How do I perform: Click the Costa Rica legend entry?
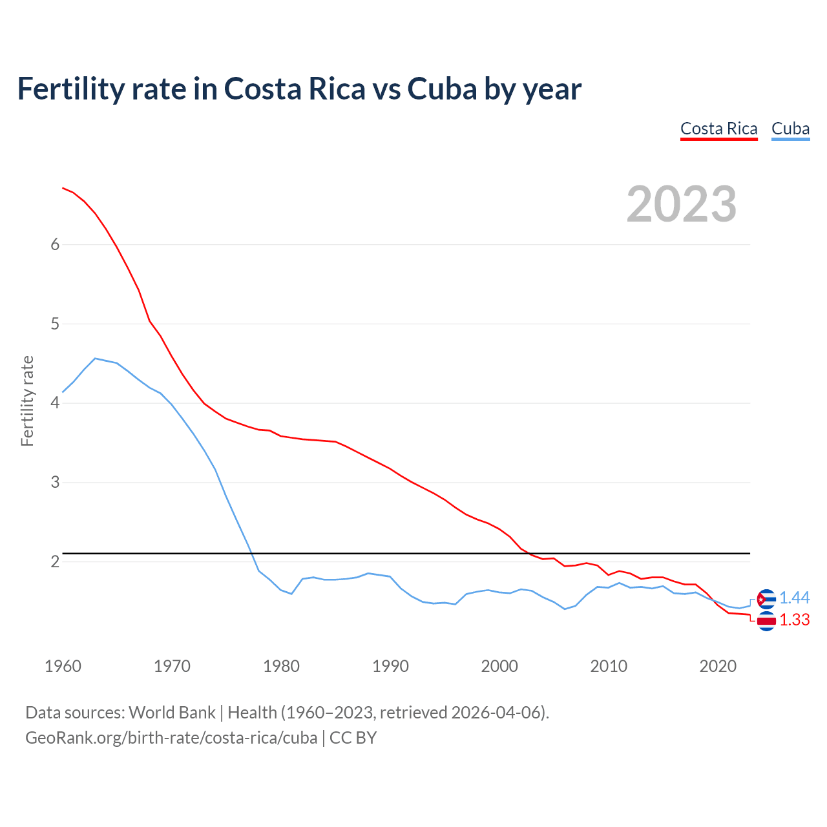point(718,129)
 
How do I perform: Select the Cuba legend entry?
point(790,129)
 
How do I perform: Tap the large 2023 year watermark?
point(682,204)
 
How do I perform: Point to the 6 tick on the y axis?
point(55,244)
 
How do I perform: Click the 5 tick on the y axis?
point(55,324)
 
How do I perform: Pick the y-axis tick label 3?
point(55,482)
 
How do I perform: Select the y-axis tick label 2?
point(55,561)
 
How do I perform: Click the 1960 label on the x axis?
point(63,666)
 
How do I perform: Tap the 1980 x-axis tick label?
point(281,666)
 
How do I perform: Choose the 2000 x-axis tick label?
point(499,666)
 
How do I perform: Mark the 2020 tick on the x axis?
point(718,666)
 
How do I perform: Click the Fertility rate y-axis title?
point(27,401)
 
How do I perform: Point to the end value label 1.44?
point(794,598)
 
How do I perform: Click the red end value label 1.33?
point(794,620)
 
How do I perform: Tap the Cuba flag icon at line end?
point(766,599)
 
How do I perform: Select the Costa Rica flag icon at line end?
point(766,621)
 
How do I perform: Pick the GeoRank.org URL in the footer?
point(171,737)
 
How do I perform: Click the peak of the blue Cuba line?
point(95,358)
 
